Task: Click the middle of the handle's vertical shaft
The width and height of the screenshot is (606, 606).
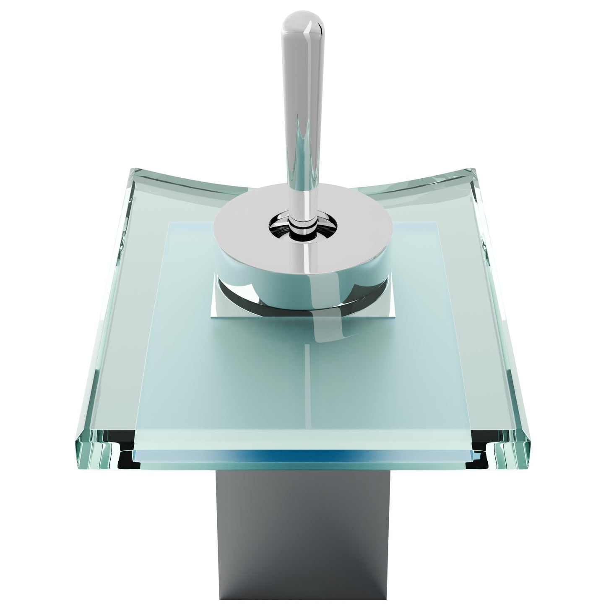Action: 303,126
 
